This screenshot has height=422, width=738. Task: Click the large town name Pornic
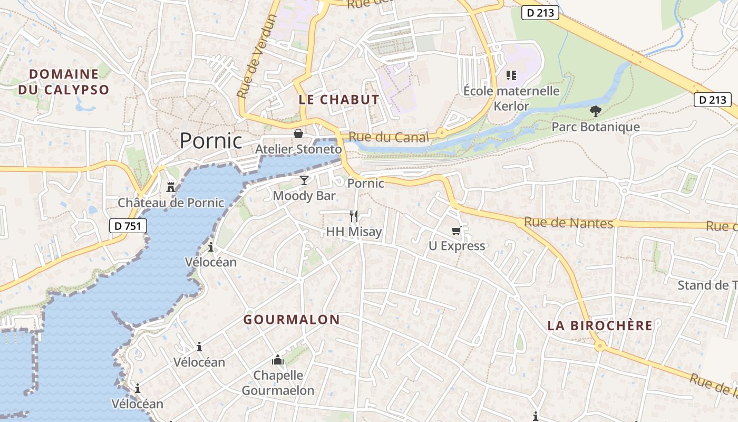211,141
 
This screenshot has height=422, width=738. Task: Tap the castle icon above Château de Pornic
171,186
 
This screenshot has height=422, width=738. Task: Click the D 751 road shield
128,226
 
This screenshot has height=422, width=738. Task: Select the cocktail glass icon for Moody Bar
304,180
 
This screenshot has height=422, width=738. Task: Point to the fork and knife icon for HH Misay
354,216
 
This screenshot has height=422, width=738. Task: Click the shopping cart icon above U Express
457,231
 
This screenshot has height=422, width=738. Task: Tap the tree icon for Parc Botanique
596,111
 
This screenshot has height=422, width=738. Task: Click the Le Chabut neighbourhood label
339,99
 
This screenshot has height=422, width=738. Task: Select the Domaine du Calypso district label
64,82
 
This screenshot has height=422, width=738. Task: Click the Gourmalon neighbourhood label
292,320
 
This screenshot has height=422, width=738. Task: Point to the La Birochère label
600,325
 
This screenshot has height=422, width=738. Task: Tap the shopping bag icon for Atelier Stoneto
298,133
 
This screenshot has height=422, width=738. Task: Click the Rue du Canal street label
389,137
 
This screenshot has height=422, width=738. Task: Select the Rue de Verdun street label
257,56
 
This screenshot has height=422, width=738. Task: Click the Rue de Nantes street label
569,223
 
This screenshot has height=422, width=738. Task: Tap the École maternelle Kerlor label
511,98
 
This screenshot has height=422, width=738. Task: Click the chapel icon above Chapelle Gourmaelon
278,360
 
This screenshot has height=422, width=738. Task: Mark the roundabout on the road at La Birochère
599,347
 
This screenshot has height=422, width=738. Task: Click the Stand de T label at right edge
707,285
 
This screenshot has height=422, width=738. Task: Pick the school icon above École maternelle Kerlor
511,75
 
